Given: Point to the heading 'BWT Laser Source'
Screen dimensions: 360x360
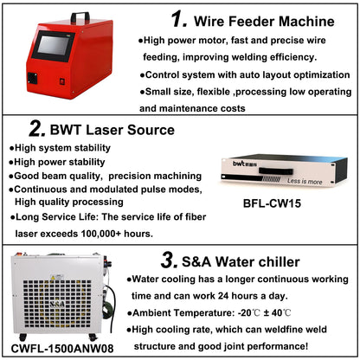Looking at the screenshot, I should tap(113, 131).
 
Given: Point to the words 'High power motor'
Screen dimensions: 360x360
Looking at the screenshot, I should tap(181, 41).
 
